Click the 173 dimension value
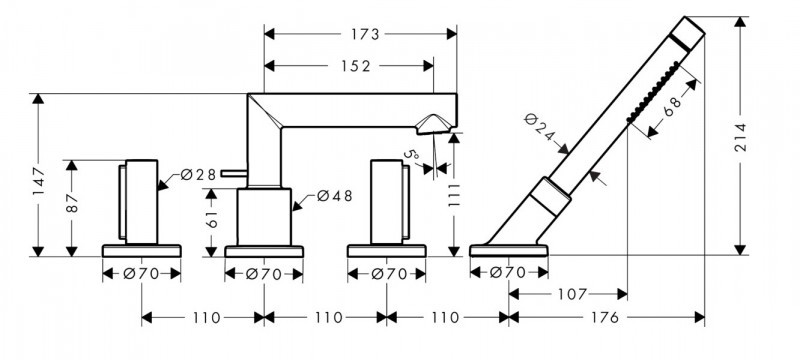pos(365,34)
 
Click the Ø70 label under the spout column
pos(264,273)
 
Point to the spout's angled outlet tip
pos(436,124)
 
